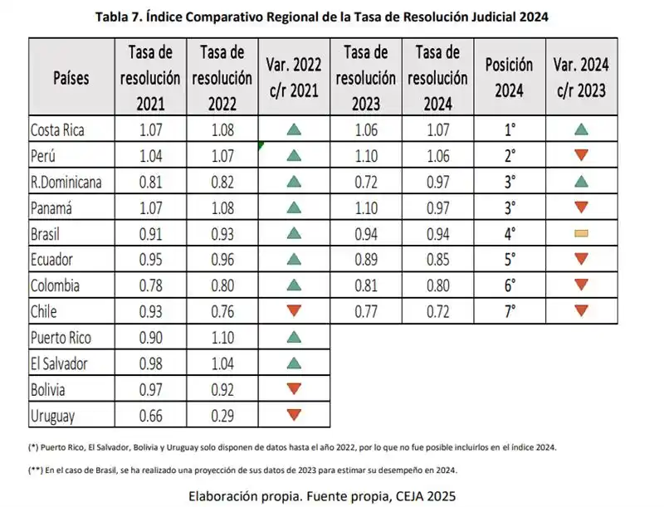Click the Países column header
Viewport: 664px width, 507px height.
tap(71, 78)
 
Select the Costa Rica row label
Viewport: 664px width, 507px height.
tap(57, 129)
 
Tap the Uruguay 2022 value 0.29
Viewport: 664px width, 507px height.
tap(222, 415)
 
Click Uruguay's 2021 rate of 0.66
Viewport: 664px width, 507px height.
tap(150, 415)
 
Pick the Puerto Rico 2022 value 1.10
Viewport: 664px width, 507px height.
tap(222, 337)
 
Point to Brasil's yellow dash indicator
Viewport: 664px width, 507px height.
tap(581, 233)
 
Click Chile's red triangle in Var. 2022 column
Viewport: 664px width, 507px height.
tap(293, 311)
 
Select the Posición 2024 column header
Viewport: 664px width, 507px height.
tap(509, 78)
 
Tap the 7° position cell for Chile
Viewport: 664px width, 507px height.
tap(509, 311)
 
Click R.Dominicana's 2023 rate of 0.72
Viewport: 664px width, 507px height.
tap(366, 182)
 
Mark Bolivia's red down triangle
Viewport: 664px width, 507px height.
tap(293, 389)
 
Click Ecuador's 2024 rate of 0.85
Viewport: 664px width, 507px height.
tap(437, 259)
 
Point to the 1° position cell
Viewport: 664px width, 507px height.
tap(509, 129)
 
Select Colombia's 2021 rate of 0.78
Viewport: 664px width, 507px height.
tap(150, 285)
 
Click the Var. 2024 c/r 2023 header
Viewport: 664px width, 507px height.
tap(581, 78)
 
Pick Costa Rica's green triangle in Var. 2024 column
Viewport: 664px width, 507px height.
tap(581, 129)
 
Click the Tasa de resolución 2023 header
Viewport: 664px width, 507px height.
tap(366, 78)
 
